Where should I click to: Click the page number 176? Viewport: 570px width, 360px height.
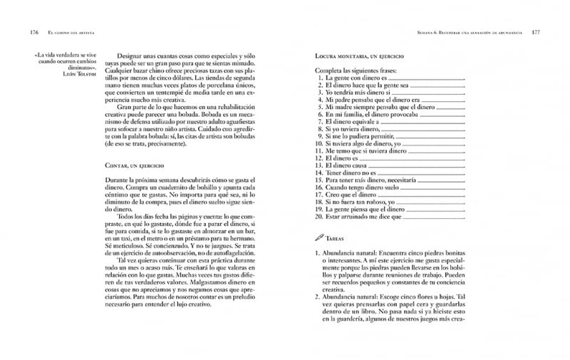pos(33,33)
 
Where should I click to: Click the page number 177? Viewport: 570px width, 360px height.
pos(536,33)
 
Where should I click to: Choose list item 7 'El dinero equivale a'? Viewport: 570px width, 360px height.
pos(352,123)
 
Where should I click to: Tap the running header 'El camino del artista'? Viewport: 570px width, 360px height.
pos(71,33)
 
